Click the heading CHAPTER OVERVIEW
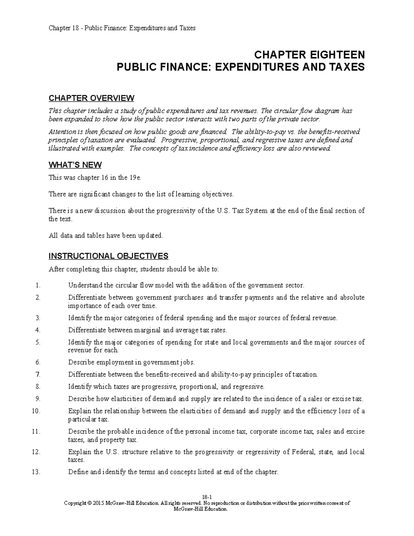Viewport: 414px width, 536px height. [91, 98]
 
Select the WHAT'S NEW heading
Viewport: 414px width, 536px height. [75, 165]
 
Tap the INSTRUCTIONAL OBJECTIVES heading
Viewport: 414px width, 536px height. [108, 256]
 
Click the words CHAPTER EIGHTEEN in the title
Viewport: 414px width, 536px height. [309, 55]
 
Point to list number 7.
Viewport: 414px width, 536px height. [38, 374]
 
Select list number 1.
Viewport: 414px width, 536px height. [38, 285]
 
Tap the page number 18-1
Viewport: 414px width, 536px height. [207, 497]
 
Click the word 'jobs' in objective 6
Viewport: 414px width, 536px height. [188, 362]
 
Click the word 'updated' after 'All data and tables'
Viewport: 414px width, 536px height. [150, 236]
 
